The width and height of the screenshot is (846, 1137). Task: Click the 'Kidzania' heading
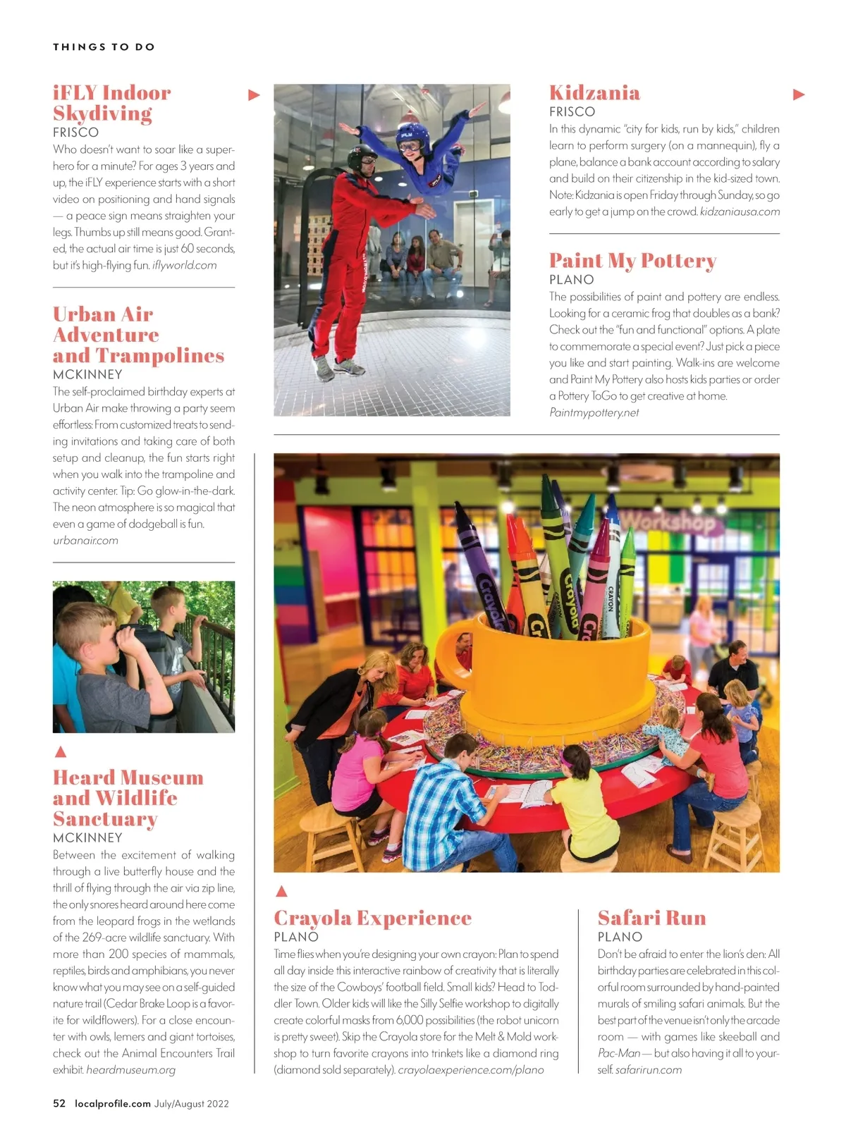[594, 92]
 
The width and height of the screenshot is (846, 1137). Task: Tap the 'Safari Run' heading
[651, 917]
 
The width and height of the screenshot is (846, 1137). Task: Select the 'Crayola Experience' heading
[372, 917]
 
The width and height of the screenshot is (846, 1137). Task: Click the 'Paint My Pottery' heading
[632, 260]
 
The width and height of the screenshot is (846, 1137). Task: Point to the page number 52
[59, 1103]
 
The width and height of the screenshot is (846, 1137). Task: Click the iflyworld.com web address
[184, 265]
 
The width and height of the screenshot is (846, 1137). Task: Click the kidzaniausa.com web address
[740, 211]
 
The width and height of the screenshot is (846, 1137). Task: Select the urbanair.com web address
[85, 541]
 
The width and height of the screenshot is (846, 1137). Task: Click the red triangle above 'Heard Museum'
[61, 751]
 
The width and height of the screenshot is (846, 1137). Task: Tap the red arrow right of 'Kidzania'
[799, 94]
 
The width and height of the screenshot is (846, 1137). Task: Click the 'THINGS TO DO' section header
[104, 47]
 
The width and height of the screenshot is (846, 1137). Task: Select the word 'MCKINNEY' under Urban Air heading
[87, 374]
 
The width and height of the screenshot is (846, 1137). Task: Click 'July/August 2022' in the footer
[192, 1103]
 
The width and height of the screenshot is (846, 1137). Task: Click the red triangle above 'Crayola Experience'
[281, 891]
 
